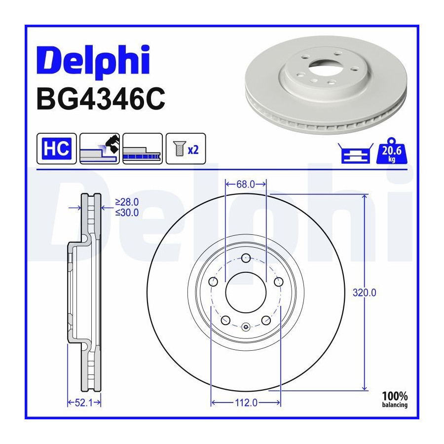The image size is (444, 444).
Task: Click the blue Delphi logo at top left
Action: coord(93,61)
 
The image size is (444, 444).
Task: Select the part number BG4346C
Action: coord(101,99)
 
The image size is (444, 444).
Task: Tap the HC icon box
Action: coord(57,148)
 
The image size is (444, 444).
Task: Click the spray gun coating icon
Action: coord(100,148)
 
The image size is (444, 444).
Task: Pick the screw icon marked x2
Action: coord(185,148)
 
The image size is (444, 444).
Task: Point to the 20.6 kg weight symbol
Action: coord(392,151)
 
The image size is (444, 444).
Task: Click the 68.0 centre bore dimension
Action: coord(246,185)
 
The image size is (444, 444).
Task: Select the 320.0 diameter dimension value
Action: coord(365,293)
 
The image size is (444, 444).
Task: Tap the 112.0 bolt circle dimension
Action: coord(246,403)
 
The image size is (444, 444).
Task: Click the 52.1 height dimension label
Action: coord(84,403)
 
